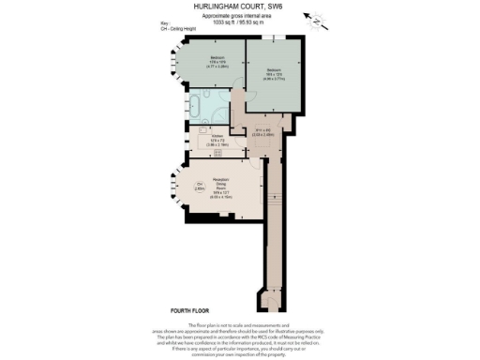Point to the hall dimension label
click(263, 131)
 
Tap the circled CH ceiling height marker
click(200, 185)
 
